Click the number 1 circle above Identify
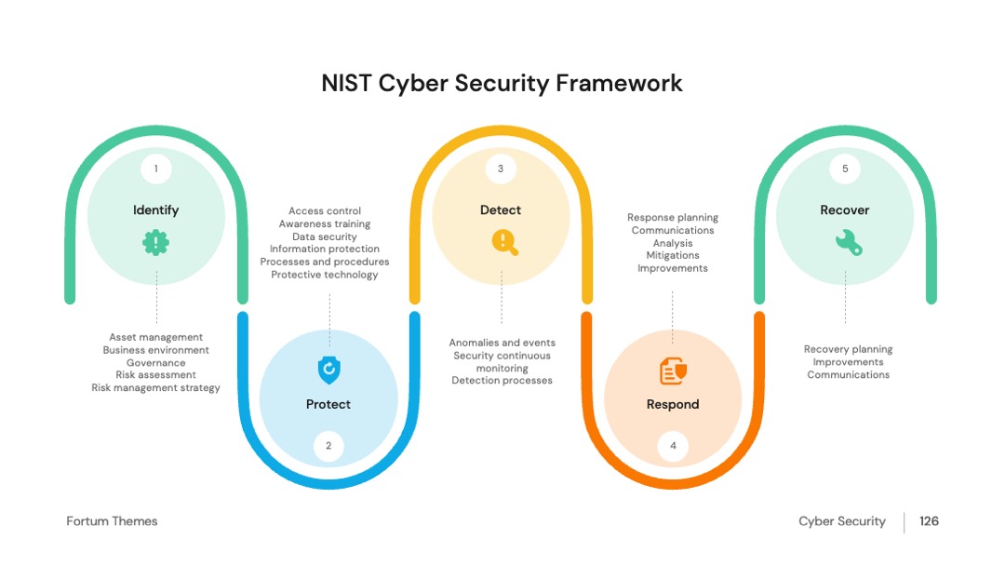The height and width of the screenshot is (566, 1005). pyautogui.click(x=155, y=168)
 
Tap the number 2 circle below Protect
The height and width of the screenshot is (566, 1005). pyautogui.click(x=328, y=446)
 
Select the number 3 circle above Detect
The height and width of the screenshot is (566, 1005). pyautogui.click(x=501, y=168)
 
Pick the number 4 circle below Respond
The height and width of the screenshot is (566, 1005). pyautogui.click(x=673, y=446)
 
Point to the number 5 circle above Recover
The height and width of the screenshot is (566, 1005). pyautogui.click(x=845, y=168)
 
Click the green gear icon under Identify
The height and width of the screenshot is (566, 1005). pyautogui.click(x=155, y=243)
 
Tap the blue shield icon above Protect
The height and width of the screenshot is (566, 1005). pyautogui.click(x=328, y=370)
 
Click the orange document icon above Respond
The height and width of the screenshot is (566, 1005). pyautogui.click(x=673, y=371)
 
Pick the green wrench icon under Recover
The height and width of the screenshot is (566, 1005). pyautogui.click(x=849, y=243)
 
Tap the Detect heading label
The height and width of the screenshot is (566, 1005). pyautogui.click(x=501, y=210)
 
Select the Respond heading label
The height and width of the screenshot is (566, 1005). pyautogui.click(x=673, y=404)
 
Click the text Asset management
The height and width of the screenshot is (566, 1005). pyautogui.click(x=155, y=337)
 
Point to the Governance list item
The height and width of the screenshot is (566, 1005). pyautogui.click(x=155, y=363)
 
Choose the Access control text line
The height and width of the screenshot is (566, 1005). pyautogui.click(x=325, y=211)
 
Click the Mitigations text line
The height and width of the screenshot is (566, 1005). pyautogui.click(x=673, y=255)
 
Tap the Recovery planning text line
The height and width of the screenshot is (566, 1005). pyautogui.click(x=848, y=349)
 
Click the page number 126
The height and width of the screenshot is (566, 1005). pyautogui.click(x=929, y=521)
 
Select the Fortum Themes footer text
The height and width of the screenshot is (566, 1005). pyautogui.click(x=112, y=521)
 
